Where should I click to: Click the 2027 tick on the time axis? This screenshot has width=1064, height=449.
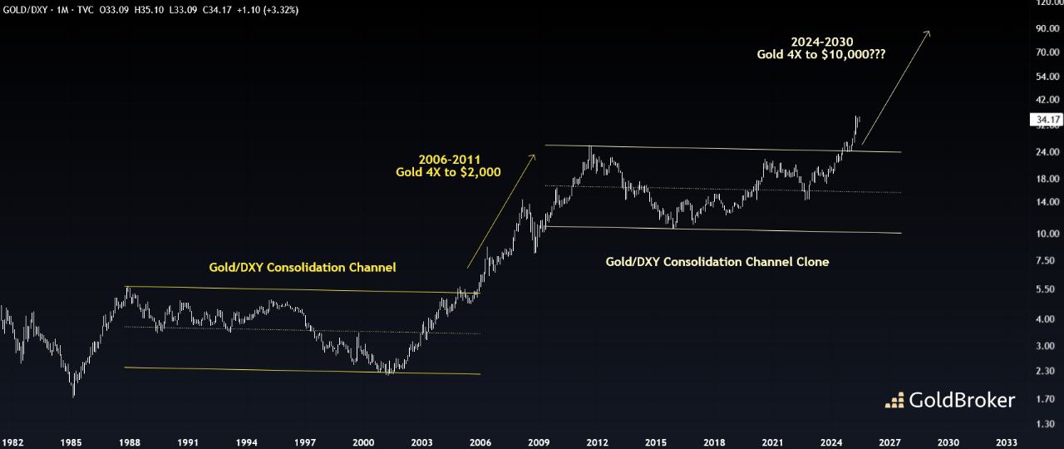pos(889,442)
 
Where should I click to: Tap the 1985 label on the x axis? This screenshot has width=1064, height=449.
pos(72,442)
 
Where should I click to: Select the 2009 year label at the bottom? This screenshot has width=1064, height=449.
pos(539,442)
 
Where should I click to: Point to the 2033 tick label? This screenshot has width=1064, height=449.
pos(1006,442)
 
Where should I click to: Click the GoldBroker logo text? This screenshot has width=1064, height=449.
pos(962,401)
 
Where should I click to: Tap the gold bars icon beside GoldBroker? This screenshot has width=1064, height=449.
pos(894,401)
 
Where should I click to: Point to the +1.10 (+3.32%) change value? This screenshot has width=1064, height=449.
pos(269,10)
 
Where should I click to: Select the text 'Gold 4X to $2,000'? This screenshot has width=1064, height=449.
pos(448,172)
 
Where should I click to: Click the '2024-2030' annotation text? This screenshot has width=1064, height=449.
pos(821,41)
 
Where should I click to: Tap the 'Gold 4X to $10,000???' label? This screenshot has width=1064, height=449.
pos(821,54)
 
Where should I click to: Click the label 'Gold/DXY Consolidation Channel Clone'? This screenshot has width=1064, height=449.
pos(717,261)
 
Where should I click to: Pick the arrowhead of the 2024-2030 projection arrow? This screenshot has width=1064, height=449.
pos(929,32)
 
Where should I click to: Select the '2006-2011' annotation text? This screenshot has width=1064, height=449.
pos(450,158)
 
